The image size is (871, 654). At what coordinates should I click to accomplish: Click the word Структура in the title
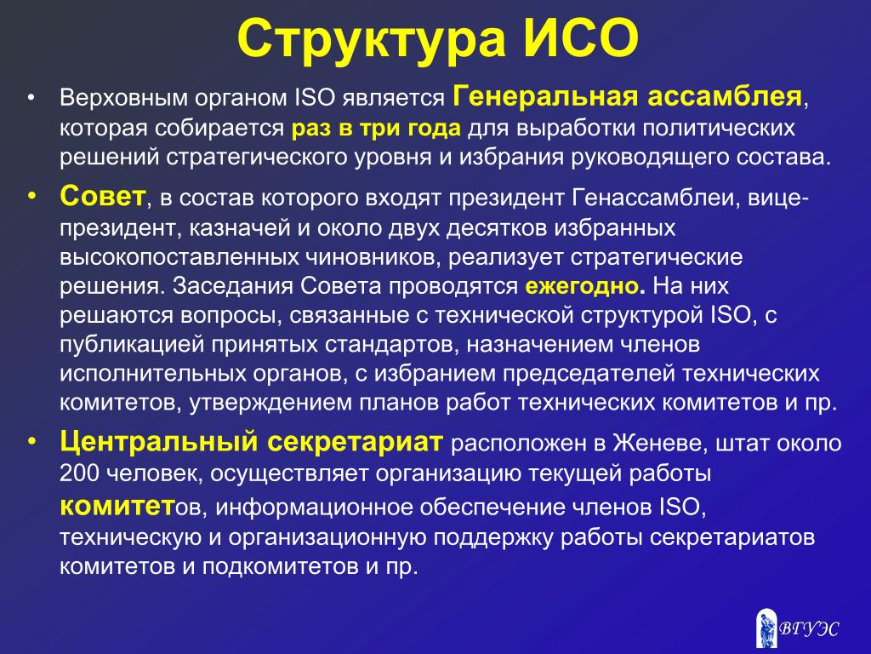click(371, 40)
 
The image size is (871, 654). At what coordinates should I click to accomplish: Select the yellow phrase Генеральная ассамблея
click(628, 97)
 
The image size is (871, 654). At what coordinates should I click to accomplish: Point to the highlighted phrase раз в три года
click(376, 129)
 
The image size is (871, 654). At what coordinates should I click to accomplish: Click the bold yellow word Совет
click(103, 197)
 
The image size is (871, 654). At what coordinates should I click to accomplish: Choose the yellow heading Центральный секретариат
click(252, 442)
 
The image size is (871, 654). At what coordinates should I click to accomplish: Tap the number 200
click(79, 473)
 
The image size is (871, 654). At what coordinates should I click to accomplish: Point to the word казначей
click(239, 228)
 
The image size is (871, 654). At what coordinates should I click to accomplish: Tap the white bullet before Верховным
click(31, 98)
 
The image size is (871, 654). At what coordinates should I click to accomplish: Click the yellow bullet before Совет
click(31, 197)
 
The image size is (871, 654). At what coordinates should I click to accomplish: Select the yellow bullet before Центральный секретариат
click(31, 442)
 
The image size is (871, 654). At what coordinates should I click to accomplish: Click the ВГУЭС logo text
click(808, 628)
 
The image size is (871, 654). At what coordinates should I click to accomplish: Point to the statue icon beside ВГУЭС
click(766, 628)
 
